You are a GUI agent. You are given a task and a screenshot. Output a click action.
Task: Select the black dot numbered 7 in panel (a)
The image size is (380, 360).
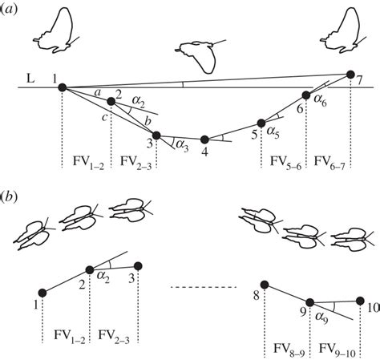click(350, 75)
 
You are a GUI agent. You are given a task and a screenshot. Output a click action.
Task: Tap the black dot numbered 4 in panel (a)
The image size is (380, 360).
click(205, 138)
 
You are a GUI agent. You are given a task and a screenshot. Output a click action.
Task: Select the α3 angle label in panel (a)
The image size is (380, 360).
click(181, 146)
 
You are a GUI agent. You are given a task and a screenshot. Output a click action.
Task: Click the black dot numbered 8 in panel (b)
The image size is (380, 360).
click(265, 283)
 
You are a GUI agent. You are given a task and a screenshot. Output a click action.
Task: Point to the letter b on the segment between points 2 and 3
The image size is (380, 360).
click(147, 120)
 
